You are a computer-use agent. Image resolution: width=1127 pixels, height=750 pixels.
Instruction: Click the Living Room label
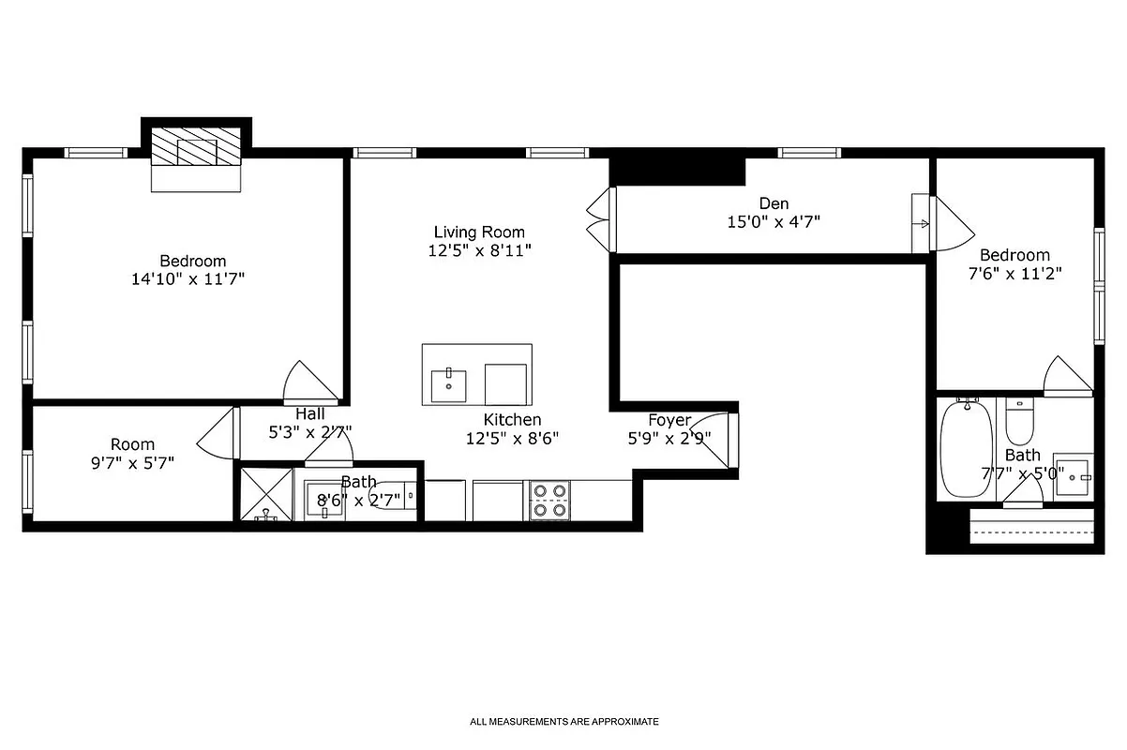pyautogui.click(x=479, y=232)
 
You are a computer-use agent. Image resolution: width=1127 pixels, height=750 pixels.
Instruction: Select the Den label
pyautogui.click(x=774, y=203)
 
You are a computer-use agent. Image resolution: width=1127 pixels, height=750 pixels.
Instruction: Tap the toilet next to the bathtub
pyautogui.click(x=1019, y=422)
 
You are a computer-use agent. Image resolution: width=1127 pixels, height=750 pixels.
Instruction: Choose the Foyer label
pyautogui.click(x=669, y=420)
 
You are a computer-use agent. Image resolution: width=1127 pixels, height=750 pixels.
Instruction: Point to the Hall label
pyautogui.click(x=310, y=413)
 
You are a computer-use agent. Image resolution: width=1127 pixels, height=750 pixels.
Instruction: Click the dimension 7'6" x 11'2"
pyautogui.click(x=1014, y=274)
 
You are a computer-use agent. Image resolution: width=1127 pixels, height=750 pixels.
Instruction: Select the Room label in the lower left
pyautogui.click(x=132, y=444)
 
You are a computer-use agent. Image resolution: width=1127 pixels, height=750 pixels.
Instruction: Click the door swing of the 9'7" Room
pyautogui.click(x=218, y=433)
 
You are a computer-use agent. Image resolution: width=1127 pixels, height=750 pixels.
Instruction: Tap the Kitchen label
pyautogui.click(x=512, y=420)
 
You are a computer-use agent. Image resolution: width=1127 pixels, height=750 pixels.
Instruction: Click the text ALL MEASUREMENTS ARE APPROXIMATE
pyautogui.click(x=564, y=722)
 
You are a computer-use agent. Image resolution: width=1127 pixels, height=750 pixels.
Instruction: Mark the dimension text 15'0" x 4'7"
pyautogui.click(x=774, y=222)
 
